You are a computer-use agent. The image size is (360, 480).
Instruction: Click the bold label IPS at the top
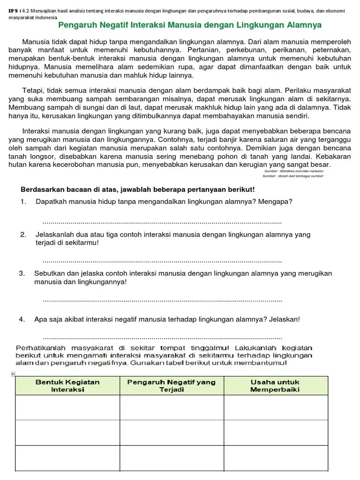14,11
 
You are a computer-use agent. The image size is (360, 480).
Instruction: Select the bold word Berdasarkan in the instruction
41,189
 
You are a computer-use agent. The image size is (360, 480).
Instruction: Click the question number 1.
23,202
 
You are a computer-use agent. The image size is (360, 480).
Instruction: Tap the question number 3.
22,273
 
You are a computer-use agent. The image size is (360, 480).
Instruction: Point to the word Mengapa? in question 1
277,202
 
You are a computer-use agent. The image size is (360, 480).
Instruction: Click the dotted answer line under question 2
162,261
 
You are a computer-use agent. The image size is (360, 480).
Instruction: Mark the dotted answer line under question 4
162,337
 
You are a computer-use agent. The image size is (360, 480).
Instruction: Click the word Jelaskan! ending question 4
284,320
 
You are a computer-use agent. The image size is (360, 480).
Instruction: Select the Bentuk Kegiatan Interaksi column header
67,385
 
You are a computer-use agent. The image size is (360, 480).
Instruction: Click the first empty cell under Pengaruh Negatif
172,407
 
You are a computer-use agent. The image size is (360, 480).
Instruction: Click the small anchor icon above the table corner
13,374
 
